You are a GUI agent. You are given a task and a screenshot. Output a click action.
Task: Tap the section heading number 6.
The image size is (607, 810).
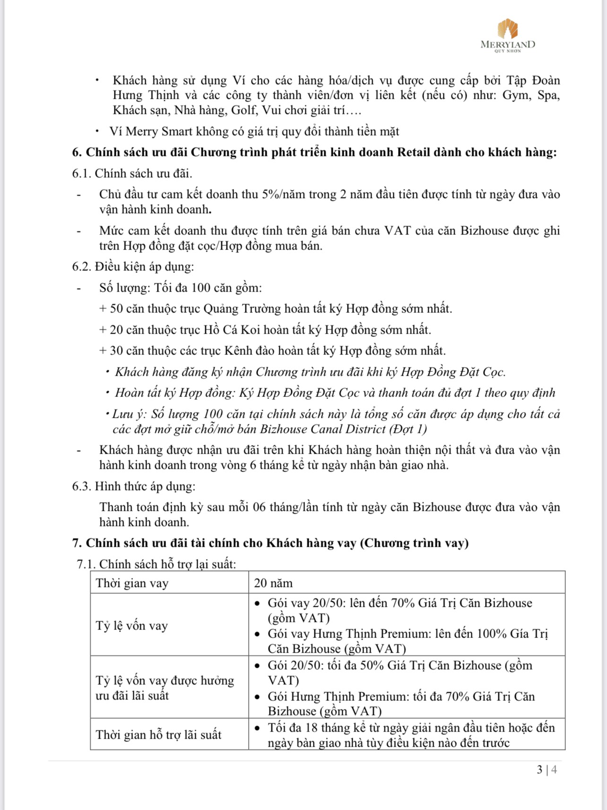[x=77, y=152]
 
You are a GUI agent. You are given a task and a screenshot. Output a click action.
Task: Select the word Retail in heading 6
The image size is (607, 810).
[x=414, y=152]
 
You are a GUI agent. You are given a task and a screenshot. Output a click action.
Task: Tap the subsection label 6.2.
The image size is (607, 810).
[x=81, y=267]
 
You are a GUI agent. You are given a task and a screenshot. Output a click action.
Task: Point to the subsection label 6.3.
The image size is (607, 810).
[x=81, y=486]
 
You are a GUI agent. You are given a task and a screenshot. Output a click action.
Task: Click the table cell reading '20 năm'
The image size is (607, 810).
[x=273, y=583]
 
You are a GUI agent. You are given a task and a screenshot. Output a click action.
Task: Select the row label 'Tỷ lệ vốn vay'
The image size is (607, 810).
[x=132, y=626]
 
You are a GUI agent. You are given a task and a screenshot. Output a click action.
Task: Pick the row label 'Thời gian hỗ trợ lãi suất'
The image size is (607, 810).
[x=158, y=735]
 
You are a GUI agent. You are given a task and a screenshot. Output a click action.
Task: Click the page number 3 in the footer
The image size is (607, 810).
[x=539, y=770]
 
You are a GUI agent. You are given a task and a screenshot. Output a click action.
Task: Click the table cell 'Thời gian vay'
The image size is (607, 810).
[x=132, y=583]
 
